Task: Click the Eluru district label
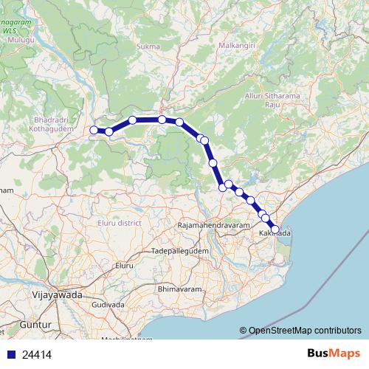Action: [119, 222]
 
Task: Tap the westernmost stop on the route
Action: [94, 131]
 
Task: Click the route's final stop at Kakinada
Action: [275, 230]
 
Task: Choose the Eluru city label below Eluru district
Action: [123, 264]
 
